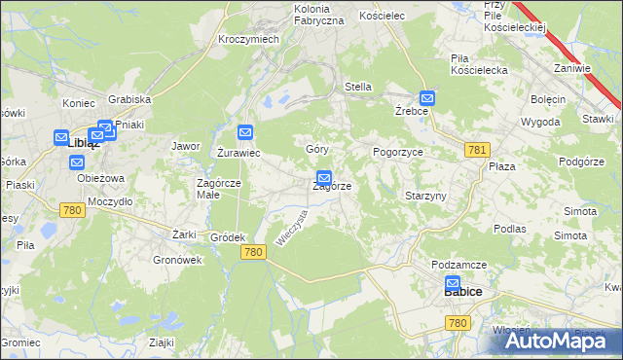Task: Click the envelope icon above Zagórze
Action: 324,179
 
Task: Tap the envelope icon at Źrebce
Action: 427,98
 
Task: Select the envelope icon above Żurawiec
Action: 245,132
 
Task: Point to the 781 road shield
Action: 477,149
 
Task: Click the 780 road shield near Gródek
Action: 252,252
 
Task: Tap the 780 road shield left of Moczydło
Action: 71,209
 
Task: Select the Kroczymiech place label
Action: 249,39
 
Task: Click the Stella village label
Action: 358,87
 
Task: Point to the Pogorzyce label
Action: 397,153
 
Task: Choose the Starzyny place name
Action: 425,196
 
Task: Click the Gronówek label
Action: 177,260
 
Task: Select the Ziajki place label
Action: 162,342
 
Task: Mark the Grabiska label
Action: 129,99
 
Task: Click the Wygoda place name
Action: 540,123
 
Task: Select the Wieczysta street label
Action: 292,230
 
